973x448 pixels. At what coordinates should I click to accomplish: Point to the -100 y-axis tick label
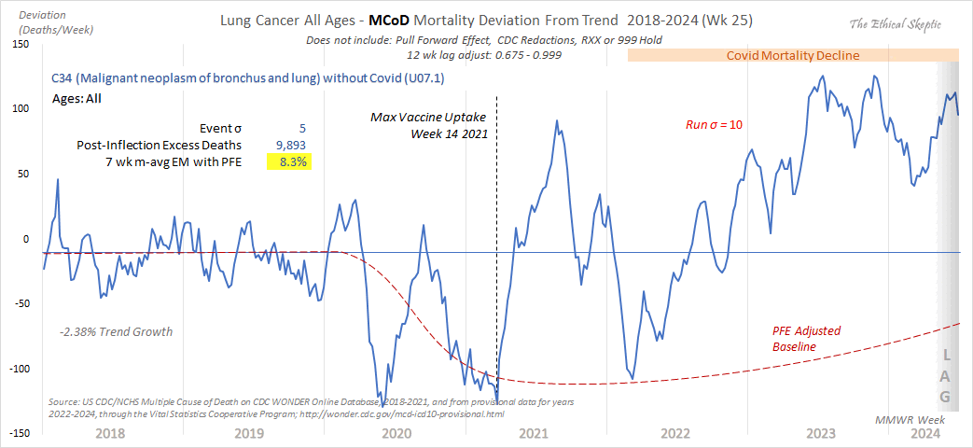(17, 369)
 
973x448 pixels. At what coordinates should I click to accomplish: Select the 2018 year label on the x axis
(110, 434)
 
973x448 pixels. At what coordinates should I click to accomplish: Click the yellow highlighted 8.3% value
(290, 161)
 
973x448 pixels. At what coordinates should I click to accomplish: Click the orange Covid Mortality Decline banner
(792, 55)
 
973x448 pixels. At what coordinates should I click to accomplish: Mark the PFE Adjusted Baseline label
(808, 339)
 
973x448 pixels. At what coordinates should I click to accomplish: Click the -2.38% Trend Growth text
(116, 331)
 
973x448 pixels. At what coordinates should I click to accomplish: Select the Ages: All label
(83, 97)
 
